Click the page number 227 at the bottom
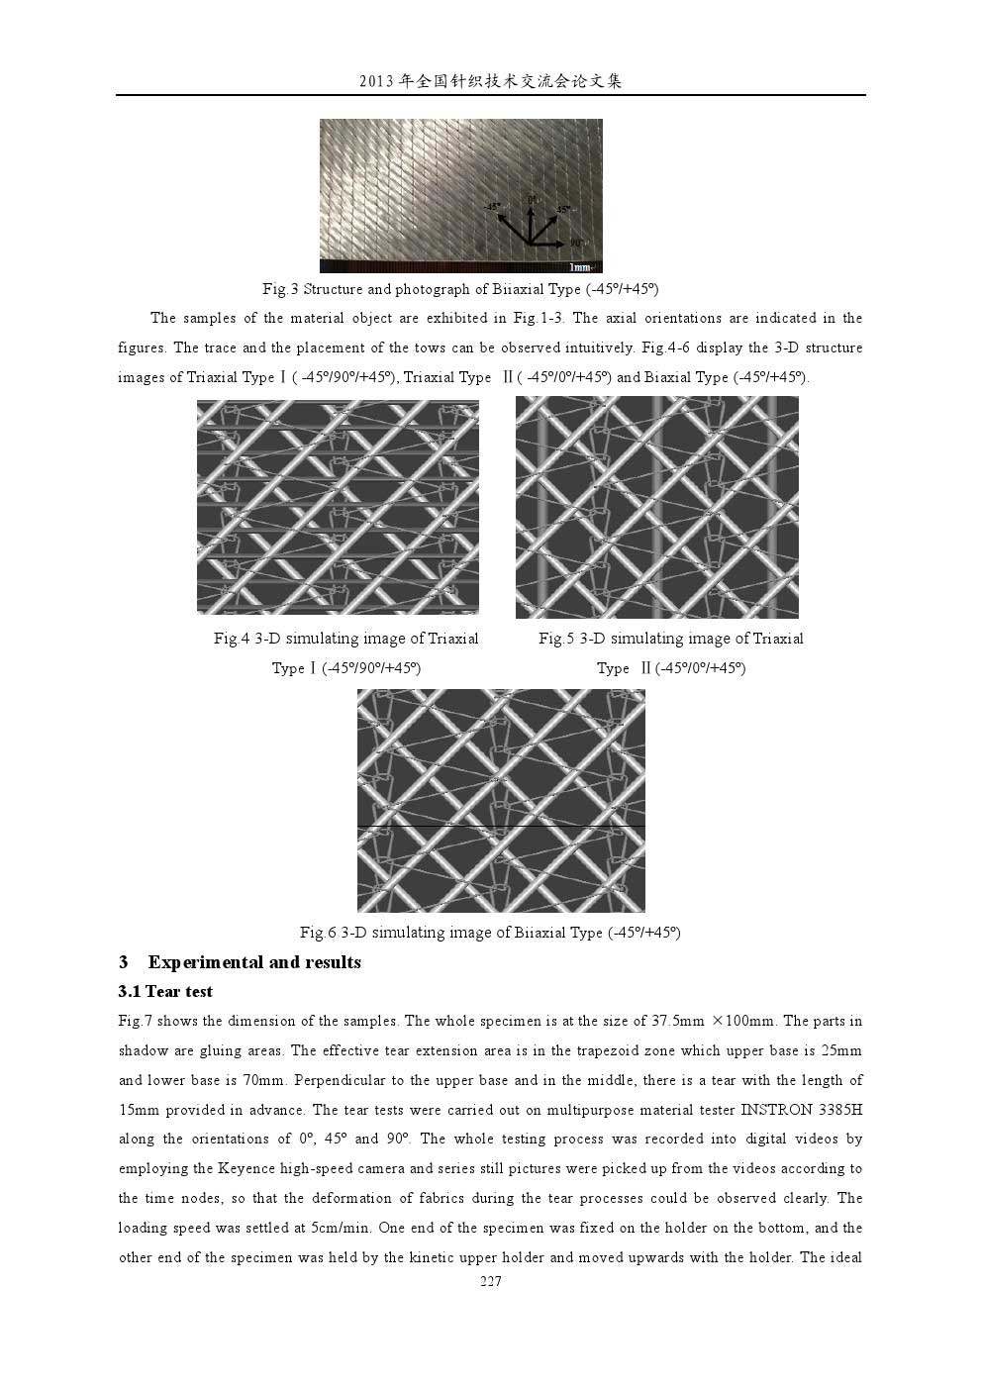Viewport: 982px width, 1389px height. [491, 1282]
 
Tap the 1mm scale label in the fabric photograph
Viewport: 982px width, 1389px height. [580, 267]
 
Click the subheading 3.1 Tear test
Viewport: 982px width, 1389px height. [165, 992]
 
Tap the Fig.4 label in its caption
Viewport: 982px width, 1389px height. [232, 639]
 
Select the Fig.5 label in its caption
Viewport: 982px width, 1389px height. [556, 639]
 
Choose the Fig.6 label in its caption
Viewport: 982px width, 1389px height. [318, 933]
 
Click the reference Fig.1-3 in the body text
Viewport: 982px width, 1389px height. [542, 318]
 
